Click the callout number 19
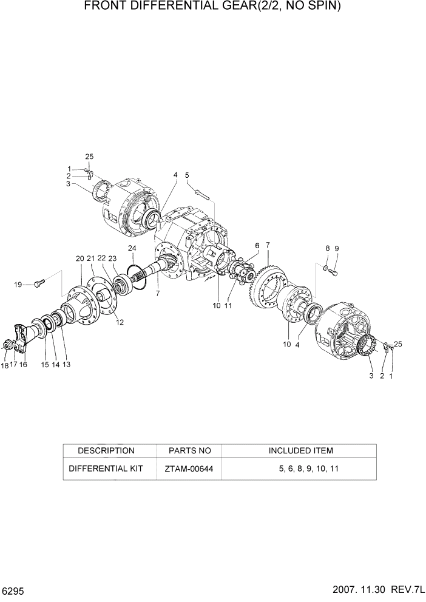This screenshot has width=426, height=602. pos(18,284)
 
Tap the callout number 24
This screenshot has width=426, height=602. pos(132,248)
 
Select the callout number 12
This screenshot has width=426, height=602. pos(120,322)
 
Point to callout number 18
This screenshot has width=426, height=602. pos(5,365)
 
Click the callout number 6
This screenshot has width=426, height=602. pos(257,245)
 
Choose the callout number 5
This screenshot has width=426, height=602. pos(188,175)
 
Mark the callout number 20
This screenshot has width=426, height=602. pos(80,259)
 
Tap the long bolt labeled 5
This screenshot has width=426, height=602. pos(204,194)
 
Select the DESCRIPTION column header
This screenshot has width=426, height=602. pos(106,451)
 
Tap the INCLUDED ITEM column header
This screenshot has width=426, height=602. pos(300,451)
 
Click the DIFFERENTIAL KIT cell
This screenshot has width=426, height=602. pos(106,469)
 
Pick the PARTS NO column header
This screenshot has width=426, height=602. pos(188,451)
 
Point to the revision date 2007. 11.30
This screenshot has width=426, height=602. pos(354,590)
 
